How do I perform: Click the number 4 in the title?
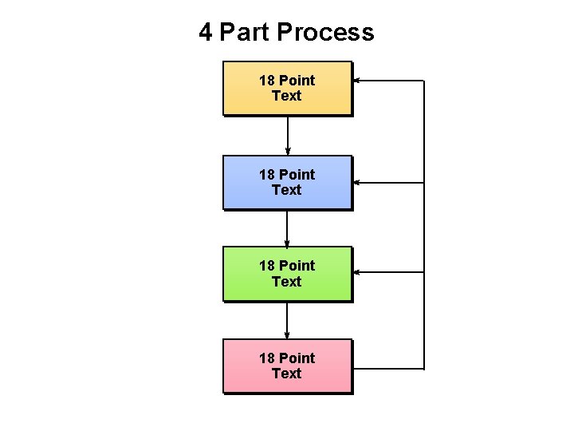click(x=206, y=33)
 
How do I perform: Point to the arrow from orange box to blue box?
click(x=287, y=136)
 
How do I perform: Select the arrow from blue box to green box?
click(x=287, y=228)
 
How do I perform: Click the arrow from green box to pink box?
click(x=287, y=320)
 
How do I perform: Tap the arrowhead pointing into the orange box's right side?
click(x=357, y=81)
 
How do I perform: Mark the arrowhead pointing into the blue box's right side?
click(x=357, y=183)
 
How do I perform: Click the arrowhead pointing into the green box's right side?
click(x=357, y=272)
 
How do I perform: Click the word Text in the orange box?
click(x=287, y=96)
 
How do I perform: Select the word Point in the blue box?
click(x=297, y=175)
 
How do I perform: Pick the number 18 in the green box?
click(x=266, y=266)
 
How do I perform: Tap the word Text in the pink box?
click(x=287, y=374)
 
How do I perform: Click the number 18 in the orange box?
click(x=266, y=81)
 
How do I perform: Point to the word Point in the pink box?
click(x=297, y=358)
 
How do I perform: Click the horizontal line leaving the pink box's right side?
click(x=387, y=369)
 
